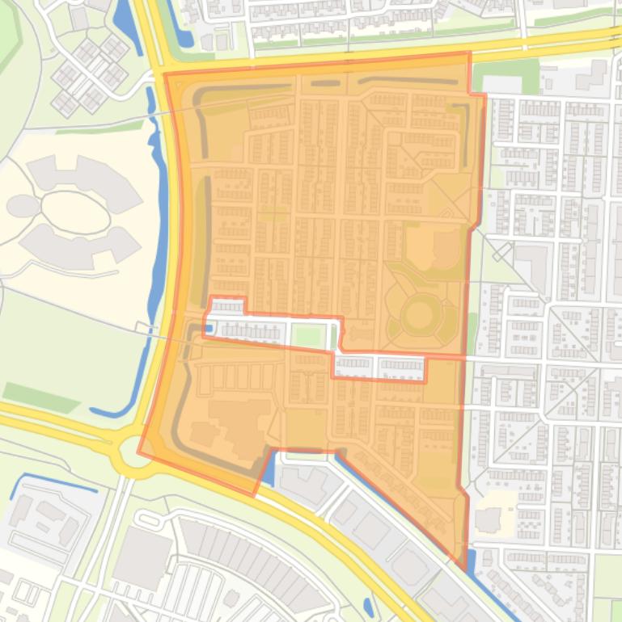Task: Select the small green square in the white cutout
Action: tap(305, 335)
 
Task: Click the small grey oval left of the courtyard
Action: tap(23, 206)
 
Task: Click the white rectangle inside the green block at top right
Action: tap(501, 83)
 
